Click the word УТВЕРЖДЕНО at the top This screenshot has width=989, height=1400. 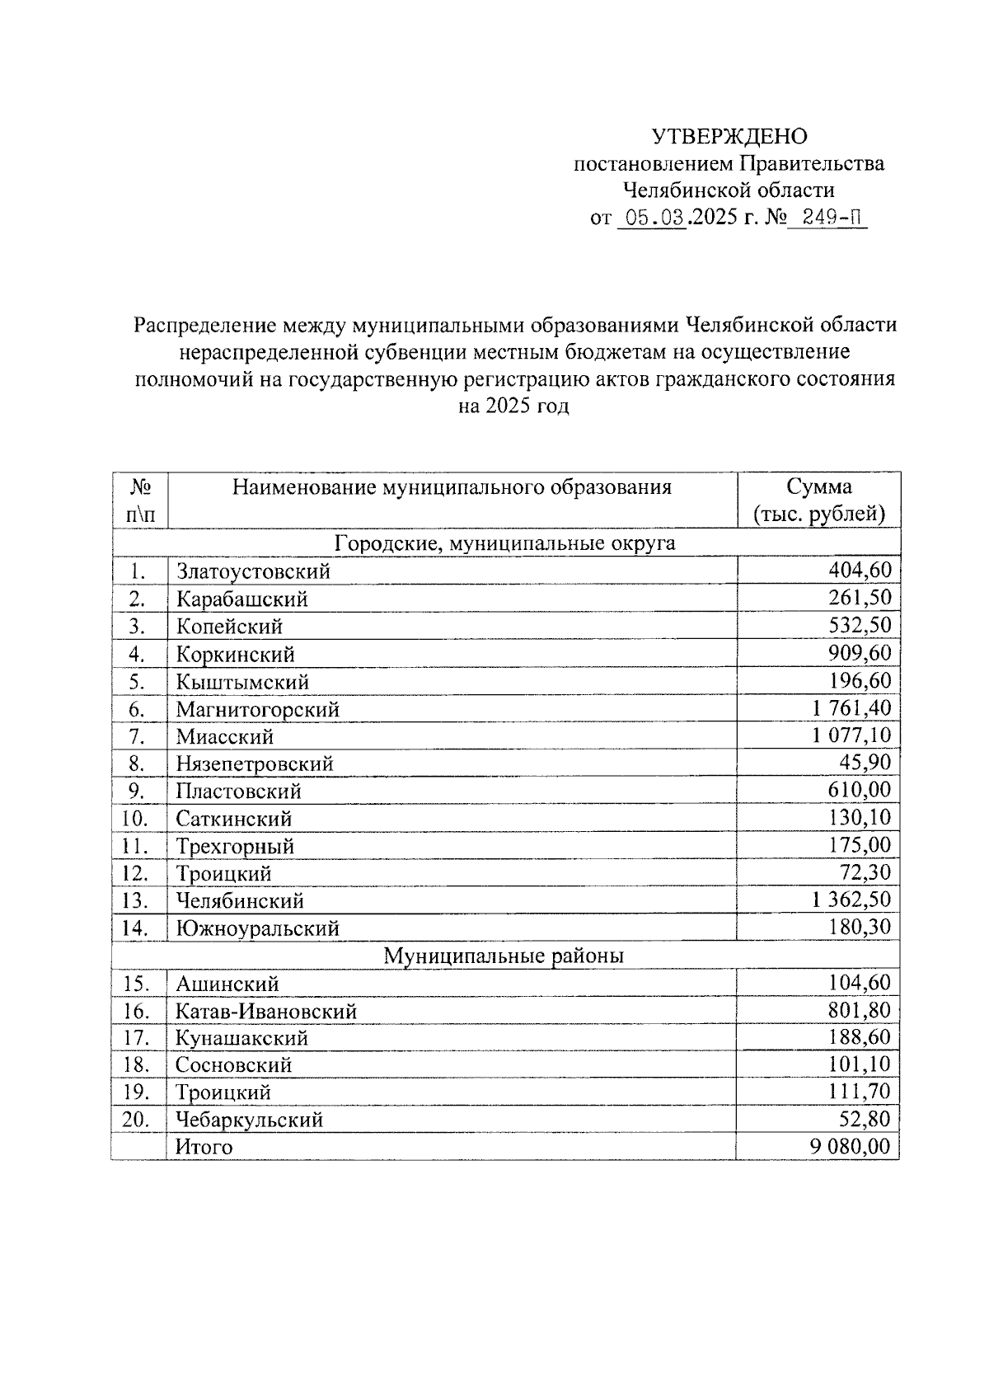(x=729, y=136)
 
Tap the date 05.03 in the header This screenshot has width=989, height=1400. (x=651, y=218)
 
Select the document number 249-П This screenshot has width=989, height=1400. (x=827, y=218)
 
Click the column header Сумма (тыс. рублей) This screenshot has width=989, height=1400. (x=818, y=500)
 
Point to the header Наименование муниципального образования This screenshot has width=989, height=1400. (x=452, y=487)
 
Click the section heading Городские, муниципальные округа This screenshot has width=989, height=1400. (x=504, y=543)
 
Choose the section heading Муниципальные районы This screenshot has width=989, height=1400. (x=504, y=956)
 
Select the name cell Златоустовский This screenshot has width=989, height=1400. (x=253, y=571)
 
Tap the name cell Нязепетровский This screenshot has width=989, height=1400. (x=255, y=763)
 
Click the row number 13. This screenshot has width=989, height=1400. (x=134, y=900)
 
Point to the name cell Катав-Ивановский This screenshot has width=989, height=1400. (x=266, y=1011)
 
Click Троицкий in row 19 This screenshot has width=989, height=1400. (x=223, y=1092)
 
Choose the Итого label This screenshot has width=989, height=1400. (x=204, y=1147)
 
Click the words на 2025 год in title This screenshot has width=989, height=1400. (x=513, y=406)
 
